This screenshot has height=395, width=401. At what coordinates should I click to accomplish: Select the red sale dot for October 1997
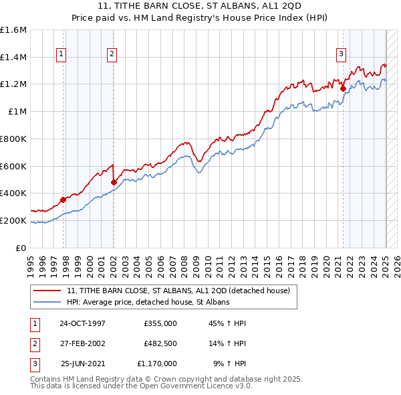click(x=63, y=199)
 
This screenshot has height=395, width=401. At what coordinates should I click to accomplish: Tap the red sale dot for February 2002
click(x=114, y=181)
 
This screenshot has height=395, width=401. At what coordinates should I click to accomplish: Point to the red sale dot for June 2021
click(x=343, y=88)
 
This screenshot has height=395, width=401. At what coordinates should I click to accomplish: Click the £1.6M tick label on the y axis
click(x=13, y=30)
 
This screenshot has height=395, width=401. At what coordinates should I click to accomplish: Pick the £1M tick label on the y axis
click(x=17, y=112)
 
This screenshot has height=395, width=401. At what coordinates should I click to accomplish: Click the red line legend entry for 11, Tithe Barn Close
click(x=178, y=291)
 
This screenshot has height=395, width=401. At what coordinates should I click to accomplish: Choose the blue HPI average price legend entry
click(x=148, y=302)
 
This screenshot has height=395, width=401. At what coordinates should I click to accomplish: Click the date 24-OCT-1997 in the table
click(x=82, y=323)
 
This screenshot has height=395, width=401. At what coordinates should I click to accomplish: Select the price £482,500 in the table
click(x=160, y=343)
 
